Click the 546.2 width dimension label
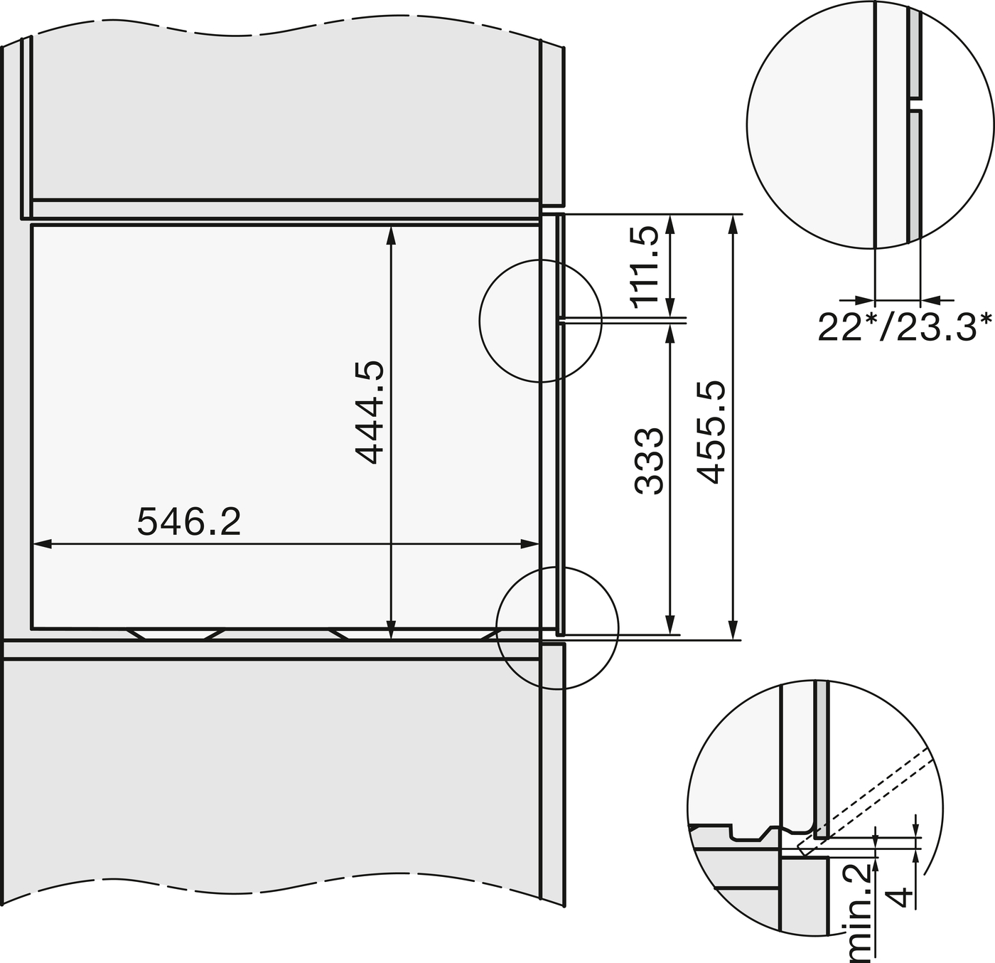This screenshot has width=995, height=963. pyautogui.click(x=189, y=521)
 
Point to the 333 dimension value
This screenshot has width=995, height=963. pyautogui.click(x=649, y=460)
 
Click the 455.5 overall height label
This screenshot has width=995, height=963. pyautogui.click(x=710, y=432)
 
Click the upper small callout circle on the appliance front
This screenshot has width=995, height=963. pyautogui.click(x=540, y=321)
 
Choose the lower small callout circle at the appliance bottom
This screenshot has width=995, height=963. pyautogui.click(x=557, y=628)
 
